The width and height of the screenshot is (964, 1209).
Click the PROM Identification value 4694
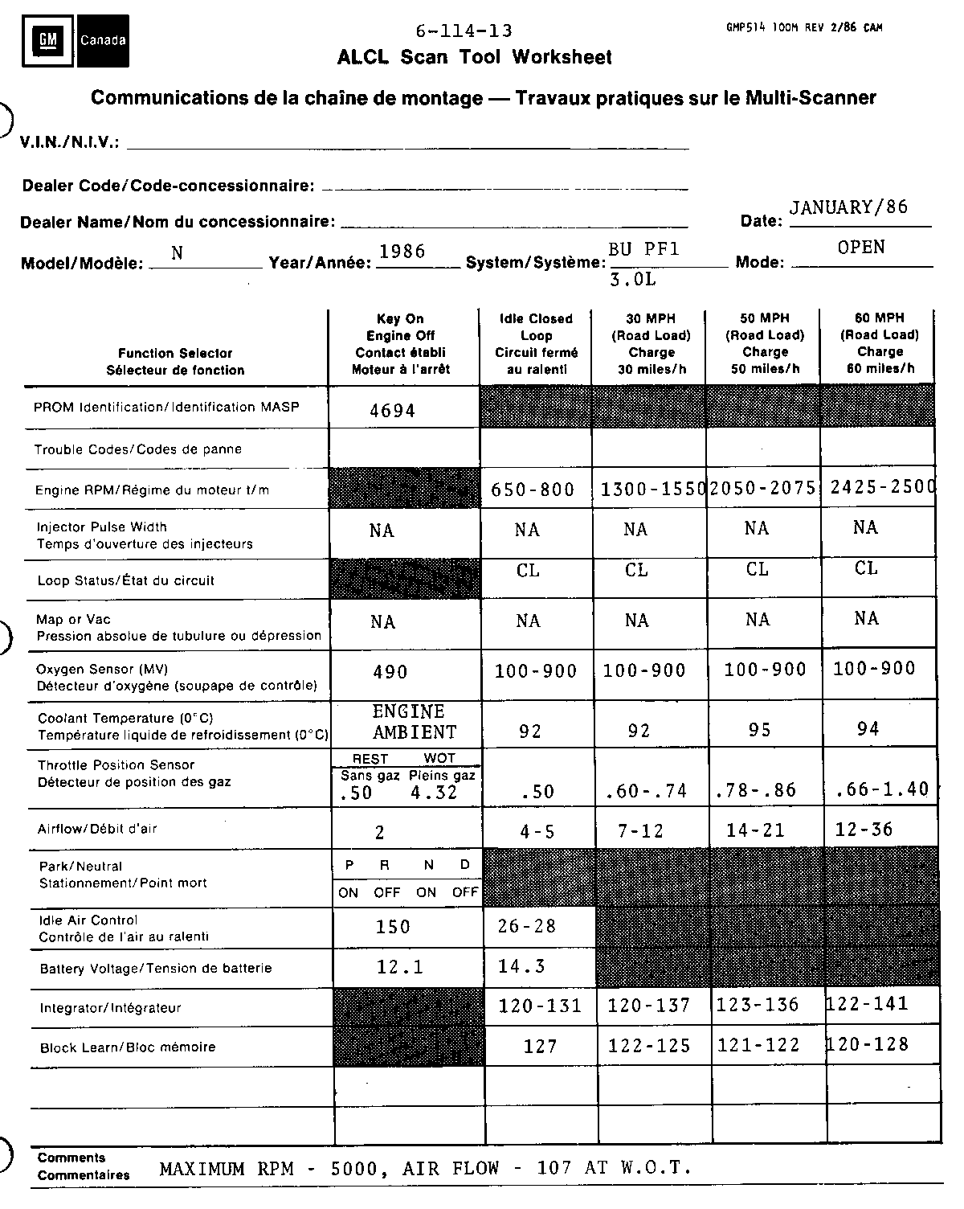pos(392,411)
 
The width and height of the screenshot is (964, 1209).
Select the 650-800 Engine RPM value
pos(533,490)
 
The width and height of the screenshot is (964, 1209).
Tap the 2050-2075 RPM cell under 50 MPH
pos(762,488)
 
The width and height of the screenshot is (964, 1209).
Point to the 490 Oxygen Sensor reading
pos(390,672)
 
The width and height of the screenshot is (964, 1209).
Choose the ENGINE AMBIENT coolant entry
pos(414,722)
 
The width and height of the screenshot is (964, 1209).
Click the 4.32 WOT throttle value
pos(434,792)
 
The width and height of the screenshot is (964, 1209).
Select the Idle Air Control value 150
pos(393,927)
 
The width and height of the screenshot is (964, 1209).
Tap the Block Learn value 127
pos(540,1046)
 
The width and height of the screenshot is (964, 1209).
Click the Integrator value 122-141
pos(868,1003)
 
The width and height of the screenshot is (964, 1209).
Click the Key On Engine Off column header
pos(401,344)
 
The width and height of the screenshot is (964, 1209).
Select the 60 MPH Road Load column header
pos(880,343)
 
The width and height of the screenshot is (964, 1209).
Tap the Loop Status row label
pos(125,580)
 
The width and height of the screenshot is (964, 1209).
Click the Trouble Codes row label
pos(137,449)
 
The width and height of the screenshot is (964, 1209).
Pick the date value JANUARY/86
pos(848,207)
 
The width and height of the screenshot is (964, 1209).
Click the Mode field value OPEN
pos(861,248)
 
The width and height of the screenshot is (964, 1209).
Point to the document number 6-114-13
pos(464,31)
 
